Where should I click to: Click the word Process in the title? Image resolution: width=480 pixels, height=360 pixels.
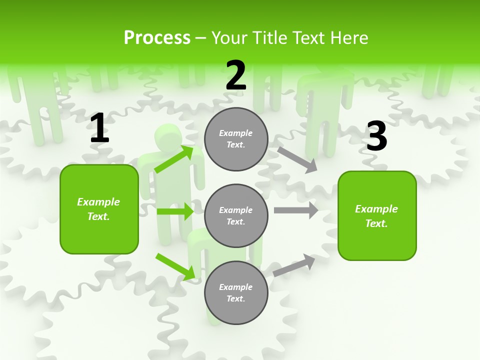157,38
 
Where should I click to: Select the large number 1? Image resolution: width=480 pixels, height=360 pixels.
99,129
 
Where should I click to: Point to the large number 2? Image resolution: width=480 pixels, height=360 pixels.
236,76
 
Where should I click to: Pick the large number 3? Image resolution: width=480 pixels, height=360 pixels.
376,136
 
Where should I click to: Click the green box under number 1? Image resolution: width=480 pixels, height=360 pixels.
99,209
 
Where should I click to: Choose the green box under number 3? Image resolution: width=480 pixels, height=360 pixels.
377,216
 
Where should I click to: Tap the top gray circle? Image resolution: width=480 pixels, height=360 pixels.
236,139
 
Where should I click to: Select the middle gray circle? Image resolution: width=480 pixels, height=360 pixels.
236,216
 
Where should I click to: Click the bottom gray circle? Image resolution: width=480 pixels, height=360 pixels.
236,293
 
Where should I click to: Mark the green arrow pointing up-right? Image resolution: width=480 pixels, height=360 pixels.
174,159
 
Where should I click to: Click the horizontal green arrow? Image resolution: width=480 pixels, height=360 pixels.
175,211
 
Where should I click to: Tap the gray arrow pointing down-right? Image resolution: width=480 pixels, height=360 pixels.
297,159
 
